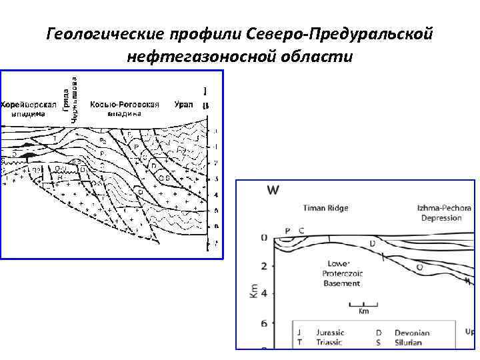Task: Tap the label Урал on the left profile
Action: point(184,105)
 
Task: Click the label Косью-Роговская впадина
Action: point(125,109)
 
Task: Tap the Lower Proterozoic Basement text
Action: point(341,273)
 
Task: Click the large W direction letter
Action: point(274,190)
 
